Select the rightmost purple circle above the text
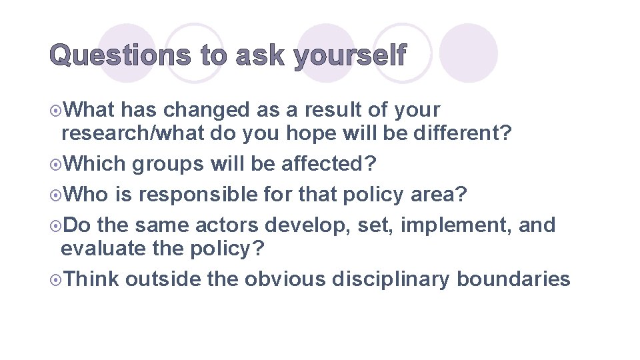pyautogui.click(x=469, y=53)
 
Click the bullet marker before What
pyautogui.click(x=58, y=110)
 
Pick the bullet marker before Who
pyautogui.click(x=58, y=195)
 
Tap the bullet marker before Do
pyautogui.click(x=58, y=225)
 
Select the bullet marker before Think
pyautogui.click(x=58, y=279)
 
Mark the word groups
pyautogui.click(x=168, y=164)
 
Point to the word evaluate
pyautogui.click(x=97, y=249)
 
